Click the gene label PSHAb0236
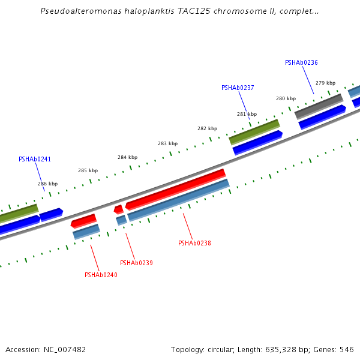(301, 62)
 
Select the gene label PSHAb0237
(238, 88)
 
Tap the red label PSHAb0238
(194, 243)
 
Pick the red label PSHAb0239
(136, 263)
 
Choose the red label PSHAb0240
(101, 275)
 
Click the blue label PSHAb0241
(35, 159)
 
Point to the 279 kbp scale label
(325, 83)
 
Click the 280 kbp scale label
(286, 98)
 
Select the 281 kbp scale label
(247, 114)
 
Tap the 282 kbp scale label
(207, 128)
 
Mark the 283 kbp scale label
(167, 143)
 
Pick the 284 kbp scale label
(127, 157)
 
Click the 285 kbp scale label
(88, 170)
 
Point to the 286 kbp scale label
(48, 184)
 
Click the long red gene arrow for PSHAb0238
(175, 190)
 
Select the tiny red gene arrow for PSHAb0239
(119, 209)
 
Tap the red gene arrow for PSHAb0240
(83, 221)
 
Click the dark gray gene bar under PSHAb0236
(319, 106)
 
